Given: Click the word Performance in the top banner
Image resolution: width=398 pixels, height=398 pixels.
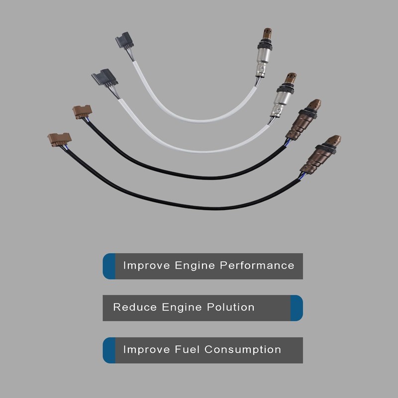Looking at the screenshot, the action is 257,266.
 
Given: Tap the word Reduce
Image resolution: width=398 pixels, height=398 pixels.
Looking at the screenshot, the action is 135,307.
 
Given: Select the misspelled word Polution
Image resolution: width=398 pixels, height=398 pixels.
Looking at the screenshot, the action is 230,307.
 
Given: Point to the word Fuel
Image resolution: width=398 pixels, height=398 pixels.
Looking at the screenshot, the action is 187,349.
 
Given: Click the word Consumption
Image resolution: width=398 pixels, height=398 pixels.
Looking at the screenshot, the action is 243,350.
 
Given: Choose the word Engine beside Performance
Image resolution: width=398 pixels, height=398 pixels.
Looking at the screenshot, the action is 195,266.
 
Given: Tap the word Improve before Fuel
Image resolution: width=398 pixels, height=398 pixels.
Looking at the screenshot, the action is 146,350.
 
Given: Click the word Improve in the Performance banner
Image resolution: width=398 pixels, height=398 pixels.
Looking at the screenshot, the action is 146,266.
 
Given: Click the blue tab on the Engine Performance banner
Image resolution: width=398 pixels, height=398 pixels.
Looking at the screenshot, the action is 109,266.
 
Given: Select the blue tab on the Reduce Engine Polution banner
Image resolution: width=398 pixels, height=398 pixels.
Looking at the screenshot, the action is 297,308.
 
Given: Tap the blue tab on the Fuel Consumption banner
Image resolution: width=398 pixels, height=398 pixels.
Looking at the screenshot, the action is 109,350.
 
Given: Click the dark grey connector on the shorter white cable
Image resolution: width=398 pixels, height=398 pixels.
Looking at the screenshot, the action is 125,40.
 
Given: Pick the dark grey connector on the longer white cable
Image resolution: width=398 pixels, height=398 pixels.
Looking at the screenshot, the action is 105,78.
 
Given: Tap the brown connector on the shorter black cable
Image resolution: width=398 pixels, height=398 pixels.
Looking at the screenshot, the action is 82,112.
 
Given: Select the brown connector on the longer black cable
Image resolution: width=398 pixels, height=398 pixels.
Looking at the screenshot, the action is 59,139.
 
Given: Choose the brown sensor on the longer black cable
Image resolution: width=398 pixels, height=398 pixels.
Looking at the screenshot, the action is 320,155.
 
